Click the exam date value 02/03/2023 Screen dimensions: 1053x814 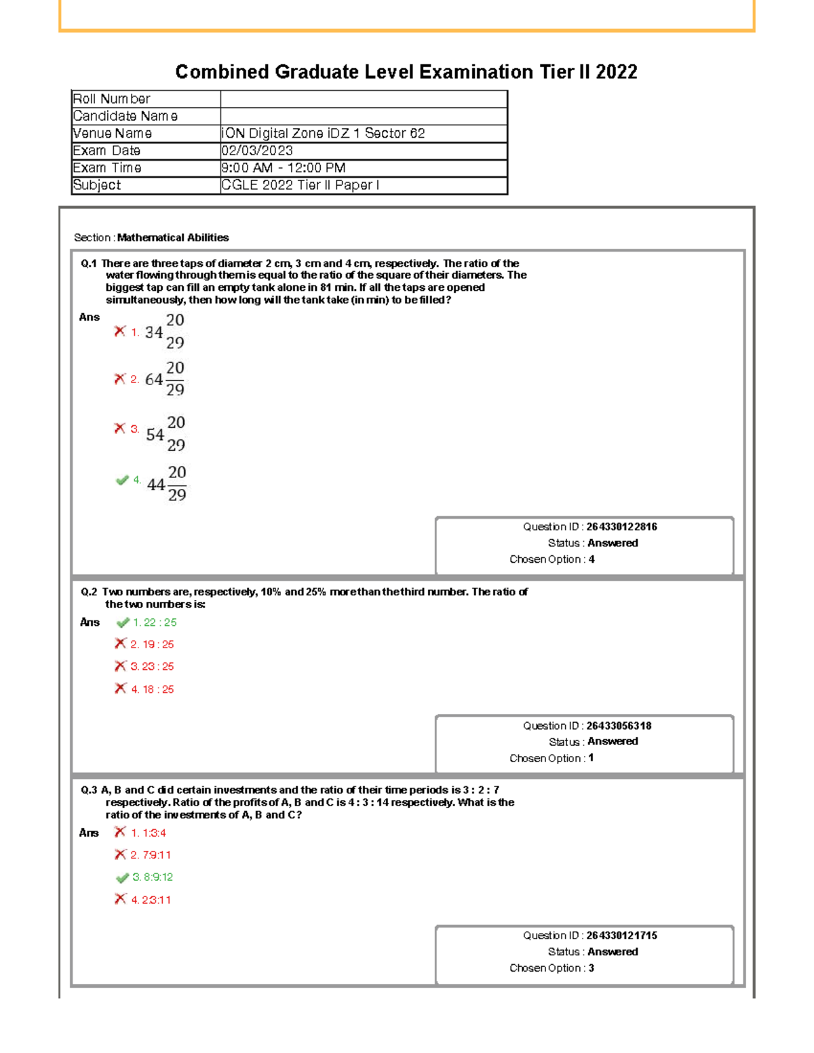(x=257, y=151)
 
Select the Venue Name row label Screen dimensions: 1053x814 (x=112, y=134)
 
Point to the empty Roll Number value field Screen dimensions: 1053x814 (x=364, y=99)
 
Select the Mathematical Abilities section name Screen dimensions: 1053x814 (x=173, y=237)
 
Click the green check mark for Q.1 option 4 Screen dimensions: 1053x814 (x=122, y=480)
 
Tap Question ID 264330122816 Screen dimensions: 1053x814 (x=621, y=527)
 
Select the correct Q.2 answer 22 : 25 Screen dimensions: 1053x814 (x=155, y=622)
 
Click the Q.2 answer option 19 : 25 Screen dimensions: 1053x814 (x=152, y=644)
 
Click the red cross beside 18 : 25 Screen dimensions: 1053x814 (x=121, y=688)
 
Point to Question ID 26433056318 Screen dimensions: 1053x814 (x=619, y=726)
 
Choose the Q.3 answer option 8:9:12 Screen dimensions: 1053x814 (x=153, y=877)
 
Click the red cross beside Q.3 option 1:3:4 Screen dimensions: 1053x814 (x=121, y=832)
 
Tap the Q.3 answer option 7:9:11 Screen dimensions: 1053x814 (x=151, y=855)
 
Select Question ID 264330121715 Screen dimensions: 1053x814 (x=621, y=936)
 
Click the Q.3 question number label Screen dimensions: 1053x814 (x=89, y=790)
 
